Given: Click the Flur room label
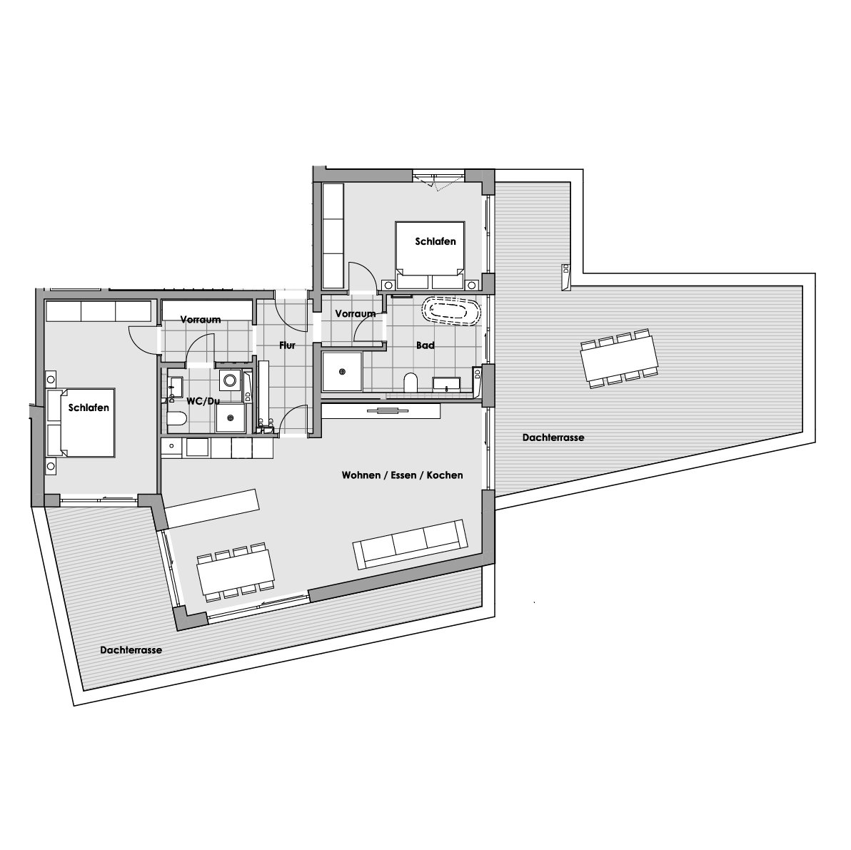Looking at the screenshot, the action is tap(287, 345).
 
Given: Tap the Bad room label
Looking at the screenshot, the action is tap(425, 345).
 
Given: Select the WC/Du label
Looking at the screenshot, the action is tap(203, 401).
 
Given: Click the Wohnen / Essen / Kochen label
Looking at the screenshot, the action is tap(402, 475).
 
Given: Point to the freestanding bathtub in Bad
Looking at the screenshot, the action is tap(451, 311).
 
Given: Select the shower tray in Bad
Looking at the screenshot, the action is tap(342, 372).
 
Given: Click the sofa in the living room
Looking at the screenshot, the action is tap(411, 544).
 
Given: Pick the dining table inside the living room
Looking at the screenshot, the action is tap(236, 572).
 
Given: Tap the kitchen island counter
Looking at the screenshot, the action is tap(212, 507).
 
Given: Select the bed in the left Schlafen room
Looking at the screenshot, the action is tap(81, 423).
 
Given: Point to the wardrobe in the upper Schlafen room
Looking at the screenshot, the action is tap(333, 236).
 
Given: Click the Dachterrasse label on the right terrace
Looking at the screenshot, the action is tap(553, 437).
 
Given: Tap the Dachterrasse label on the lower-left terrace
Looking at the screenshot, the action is tap(131, 650).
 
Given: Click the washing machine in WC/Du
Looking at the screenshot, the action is tap(230, 380).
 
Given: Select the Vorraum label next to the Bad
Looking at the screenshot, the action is tap(356, 313).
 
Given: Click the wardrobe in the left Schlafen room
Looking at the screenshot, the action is tap(99, 311).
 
